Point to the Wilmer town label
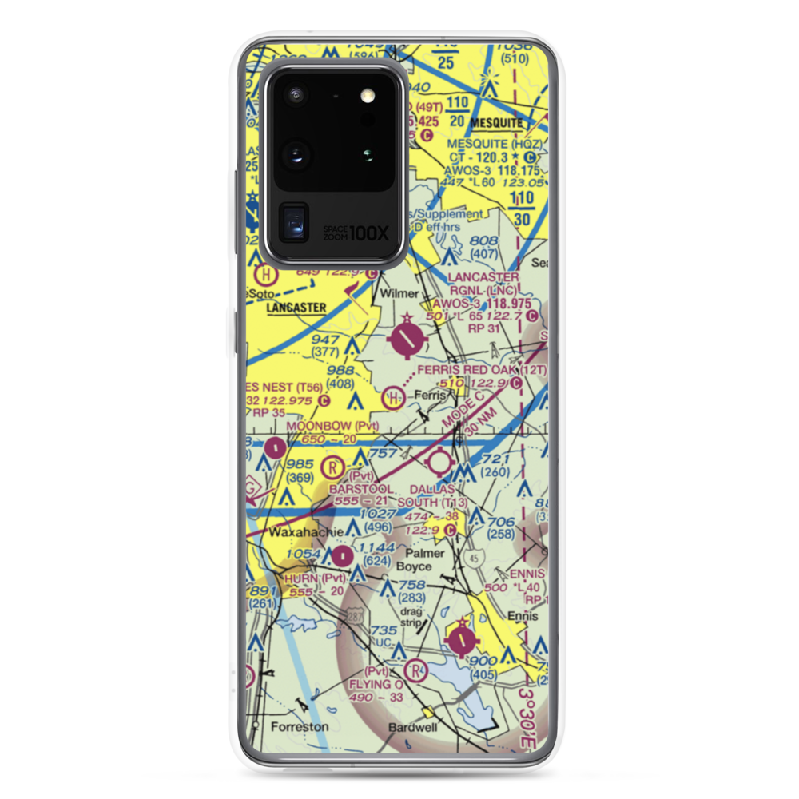point(399,293)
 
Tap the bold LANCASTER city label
point(296,307)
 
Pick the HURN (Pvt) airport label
point(311,578)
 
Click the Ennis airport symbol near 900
point(463,638)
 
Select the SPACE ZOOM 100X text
point(356,233)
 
